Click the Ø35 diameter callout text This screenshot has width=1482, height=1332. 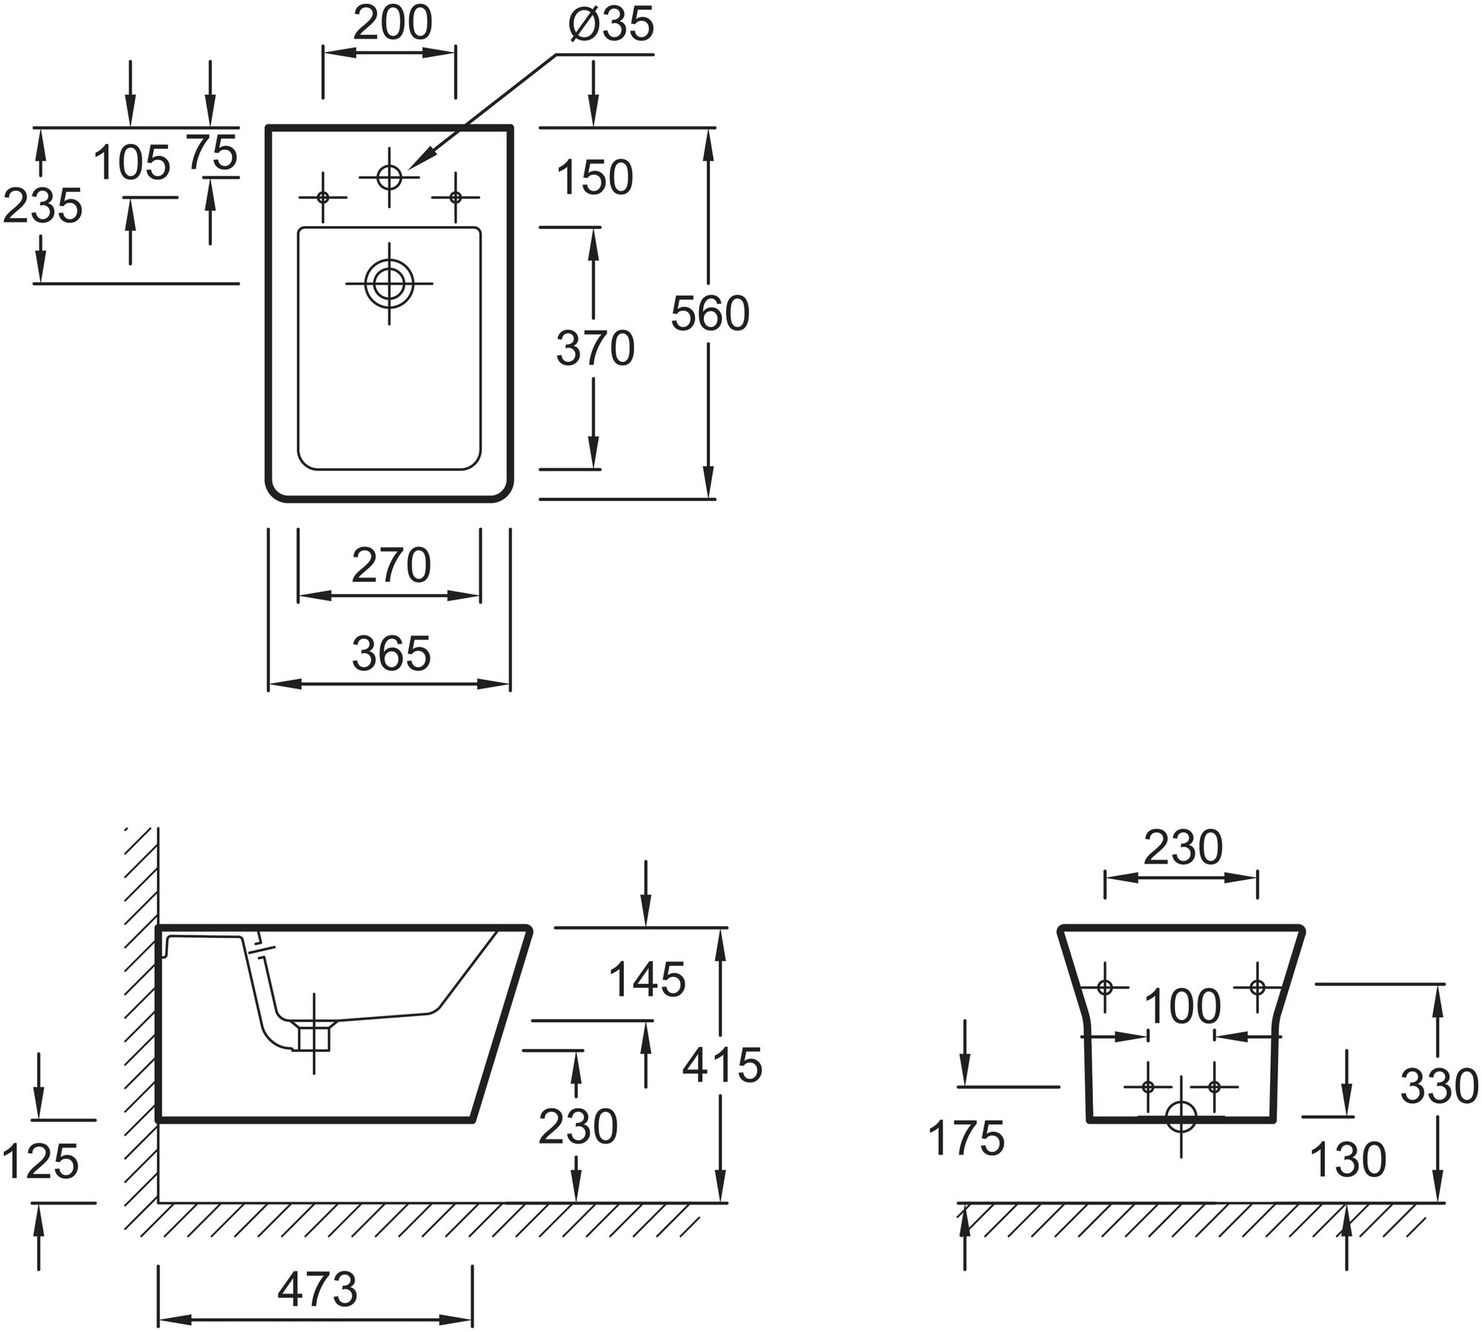click(x=611, y=25)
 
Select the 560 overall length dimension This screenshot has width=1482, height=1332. click(x=710, y=314)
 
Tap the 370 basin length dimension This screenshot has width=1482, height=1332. click(x=595, y=348)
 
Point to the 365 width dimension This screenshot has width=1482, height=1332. click(x=391, y=654)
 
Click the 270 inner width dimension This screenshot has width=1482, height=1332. click(x=391, y=566)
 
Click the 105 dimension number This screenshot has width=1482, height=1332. click(x=133, y=162)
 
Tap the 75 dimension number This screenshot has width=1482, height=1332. click(x=212, y=154)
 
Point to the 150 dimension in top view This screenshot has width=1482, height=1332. click(x=595, y=178)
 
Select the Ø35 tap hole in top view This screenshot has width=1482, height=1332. click(x=390, y=177)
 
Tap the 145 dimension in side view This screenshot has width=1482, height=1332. click(x=647, y=979)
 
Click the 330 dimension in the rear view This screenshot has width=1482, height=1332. click(x=1439, y=1088)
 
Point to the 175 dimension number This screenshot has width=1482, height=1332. click(x=966, y=1138)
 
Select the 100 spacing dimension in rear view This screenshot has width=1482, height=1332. click(x=1182, y=1007)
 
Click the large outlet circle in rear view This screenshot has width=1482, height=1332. click(x=1181, y=1116)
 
